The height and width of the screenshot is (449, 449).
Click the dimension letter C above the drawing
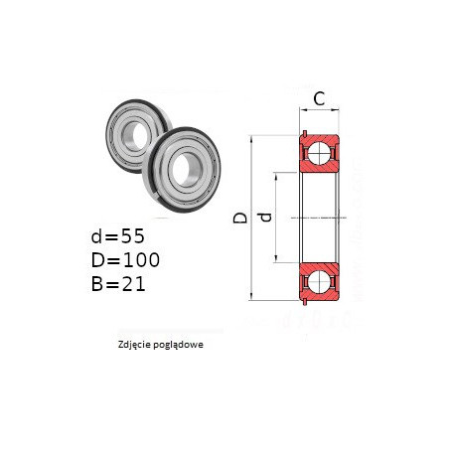pos(319,98)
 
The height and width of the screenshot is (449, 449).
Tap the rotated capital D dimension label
pos(240,218)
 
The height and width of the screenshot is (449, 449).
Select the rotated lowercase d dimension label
pos(265,218)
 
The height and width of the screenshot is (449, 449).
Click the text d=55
pos(118,236)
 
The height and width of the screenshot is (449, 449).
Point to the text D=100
pos(125,260)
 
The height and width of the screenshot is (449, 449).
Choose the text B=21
pos(118,284)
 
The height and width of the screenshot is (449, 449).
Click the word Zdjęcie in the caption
pos(132,345)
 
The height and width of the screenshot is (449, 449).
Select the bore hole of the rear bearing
pos(135,135)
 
